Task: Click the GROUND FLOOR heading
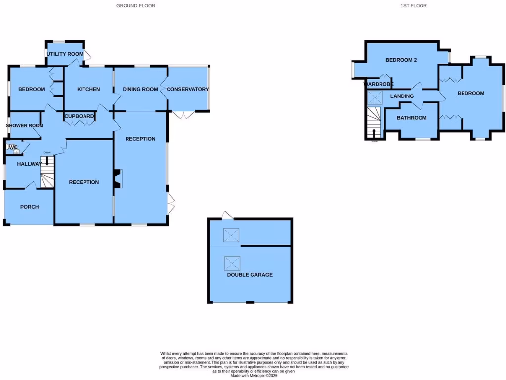pyautogui.click(x=135, y=6)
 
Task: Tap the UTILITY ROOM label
pyautogui.click(x=65, y=54)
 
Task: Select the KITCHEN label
pyautogui.click(x=89, y=90)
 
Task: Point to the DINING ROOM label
pyautogui.click(x=140, y=90)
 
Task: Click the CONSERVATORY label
pyautogui.click(x=187, y=90)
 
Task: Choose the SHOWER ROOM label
pyautogui.click(x=25, y=126)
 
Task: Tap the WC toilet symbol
pyautogui.click(x=16, y=152)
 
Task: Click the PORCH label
pyautogui.click(x=29, y=207)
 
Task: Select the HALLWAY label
pyautogui.click(x=29, y=164)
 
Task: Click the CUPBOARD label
pyautogui.click(x=79, y=116)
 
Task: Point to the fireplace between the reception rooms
pyautogui.click(x=117, y=179)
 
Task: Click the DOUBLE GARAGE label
pyautogui.click(x=250, y=275)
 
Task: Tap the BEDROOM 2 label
pyautogui.click(x=401, y=60)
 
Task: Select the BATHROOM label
pyautogui.click(x=412, y=118)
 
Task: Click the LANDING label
pyautogui.click(x=402, y=96)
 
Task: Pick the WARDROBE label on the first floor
pyautogui.click(x=379, y=84)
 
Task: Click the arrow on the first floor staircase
pyautogui.click(x=374, y=133)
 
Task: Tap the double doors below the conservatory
pyautogui.click(x=183, y=115)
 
